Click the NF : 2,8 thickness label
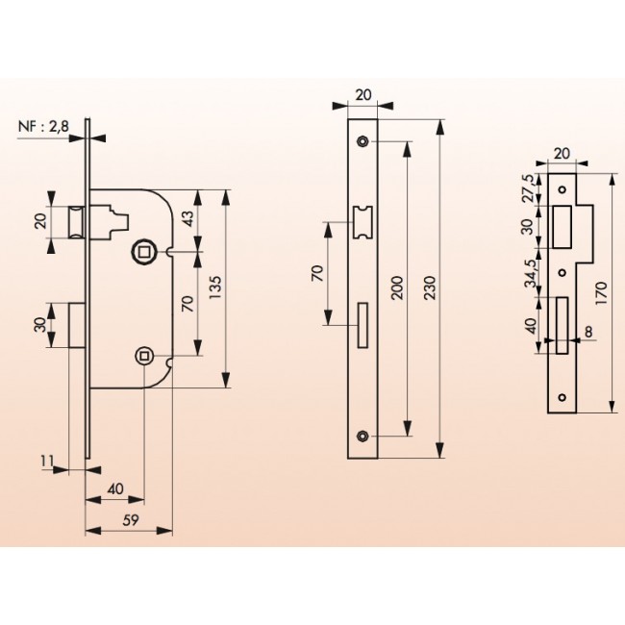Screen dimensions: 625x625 click(44, 126)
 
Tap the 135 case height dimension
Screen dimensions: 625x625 click(214, 287)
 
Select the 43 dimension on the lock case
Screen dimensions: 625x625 click(187, 218)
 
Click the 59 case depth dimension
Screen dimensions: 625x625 click(130, 520)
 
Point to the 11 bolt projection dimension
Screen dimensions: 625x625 click(47, 461)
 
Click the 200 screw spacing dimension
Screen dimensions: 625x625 click(398, 287)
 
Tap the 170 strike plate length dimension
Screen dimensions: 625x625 click(601, 293)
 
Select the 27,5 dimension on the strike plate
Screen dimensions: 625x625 click(530, 188)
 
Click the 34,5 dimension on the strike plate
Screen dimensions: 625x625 click(530, 273)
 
